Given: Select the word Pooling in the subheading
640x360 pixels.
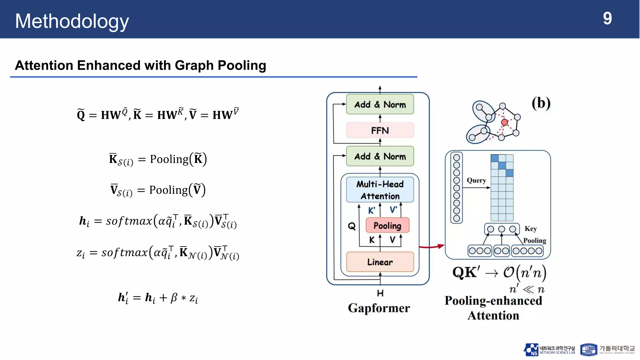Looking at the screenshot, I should (x=242, y=66).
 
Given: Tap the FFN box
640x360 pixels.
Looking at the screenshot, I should (x=380, y=130).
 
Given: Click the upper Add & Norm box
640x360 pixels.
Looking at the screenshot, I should (x=380, y=104).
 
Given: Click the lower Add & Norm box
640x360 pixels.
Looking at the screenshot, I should (x=380, y=156).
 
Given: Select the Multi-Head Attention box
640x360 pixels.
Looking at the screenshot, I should (x=380, y=190).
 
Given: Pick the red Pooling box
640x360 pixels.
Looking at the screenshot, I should (x=387, y=225).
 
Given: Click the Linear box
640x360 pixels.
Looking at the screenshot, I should (x=380, y=262).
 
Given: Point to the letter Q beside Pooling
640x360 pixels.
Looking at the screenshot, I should (x=352, y=226).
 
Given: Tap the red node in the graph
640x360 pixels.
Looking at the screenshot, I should (x=504, y=122).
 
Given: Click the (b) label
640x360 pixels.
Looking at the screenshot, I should (x=541, y=103).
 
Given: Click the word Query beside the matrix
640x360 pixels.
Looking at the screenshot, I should (x=476, y=180).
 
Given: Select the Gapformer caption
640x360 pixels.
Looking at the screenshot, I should (x=379, y=308).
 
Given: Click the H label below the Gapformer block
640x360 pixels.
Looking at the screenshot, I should (x=380, y=293).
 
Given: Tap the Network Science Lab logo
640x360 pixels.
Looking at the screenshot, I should (x=549, y=350).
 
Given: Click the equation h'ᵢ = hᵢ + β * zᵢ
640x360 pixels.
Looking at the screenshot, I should (x=158, y=297).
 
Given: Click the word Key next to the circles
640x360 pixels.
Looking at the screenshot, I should (x=531, y=229).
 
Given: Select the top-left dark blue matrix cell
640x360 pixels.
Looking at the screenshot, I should (x=494, y=158).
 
